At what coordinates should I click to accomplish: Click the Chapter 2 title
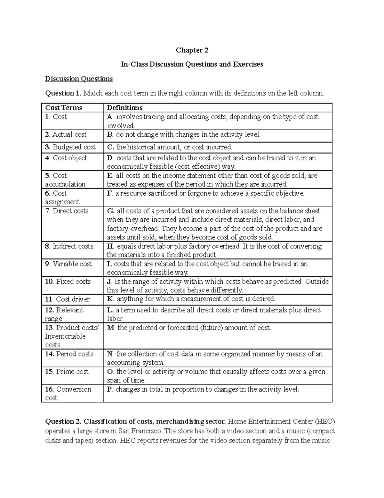click(x=192, y=50)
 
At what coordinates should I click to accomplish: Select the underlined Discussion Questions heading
click(x=79, y=79)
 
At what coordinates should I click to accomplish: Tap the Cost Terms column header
click(x=63, y=108)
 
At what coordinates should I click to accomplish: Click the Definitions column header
click(x=124, y=108)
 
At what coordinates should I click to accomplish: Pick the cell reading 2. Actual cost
click(x=66, y=134)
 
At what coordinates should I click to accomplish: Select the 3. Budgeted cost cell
click(x=70, y=147)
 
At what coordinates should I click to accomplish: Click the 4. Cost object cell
click(x=66, y=158)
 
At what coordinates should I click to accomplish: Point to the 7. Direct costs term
click(x=67, y=211)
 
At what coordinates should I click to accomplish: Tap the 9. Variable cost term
click(x=68, y=264)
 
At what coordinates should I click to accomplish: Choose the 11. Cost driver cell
click(x=67, y=299)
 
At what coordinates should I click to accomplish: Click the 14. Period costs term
click(x=69, y=354)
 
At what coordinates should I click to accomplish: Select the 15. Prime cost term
click(x=67, y=372)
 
